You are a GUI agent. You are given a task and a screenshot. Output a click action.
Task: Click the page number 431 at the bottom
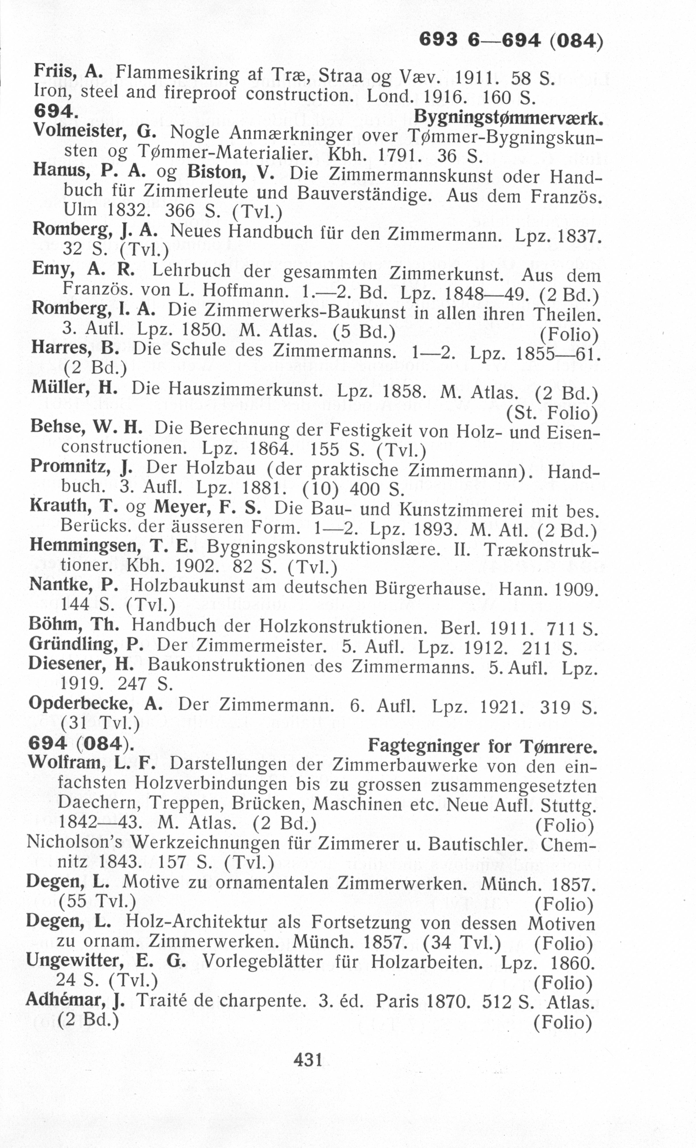point(308,1060)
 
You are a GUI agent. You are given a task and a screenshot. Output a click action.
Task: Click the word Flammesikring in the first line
point(176,73)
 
